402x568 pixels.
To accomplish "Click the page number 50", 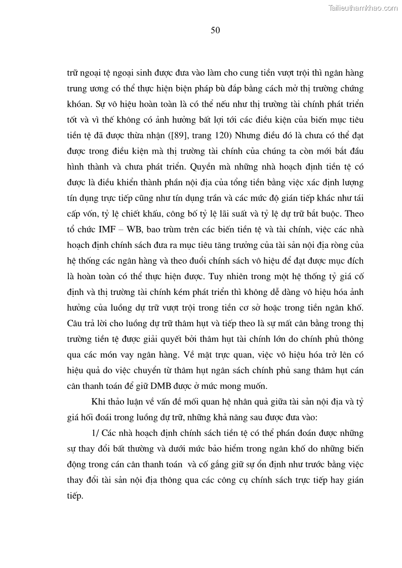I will coord(215,30).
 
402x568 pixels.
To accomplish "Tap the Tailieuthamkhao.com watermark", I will coord(364,8).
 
